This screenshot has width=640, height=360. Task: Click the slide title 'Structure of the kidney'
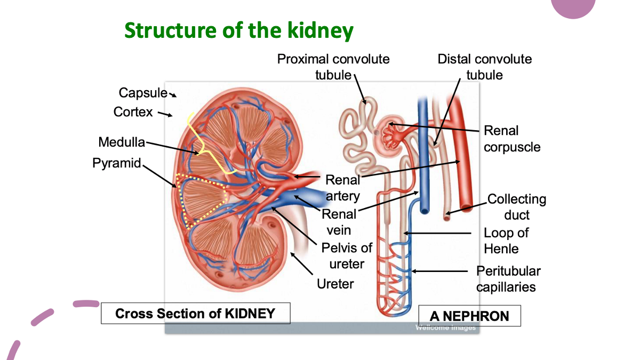[238, 30]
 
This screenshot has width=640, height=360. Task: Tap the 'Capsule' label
[142, 93]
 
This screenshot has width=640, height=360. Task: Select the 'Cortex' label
[133, 112]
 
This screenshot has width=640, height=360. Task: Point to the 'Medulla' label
[122, 142]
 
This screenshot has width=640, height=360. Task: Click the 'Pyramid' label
[116, 163]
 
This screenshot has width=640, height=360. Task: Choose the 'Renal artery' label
[342, 188]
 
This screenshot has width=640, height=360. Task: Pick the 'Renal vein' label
[339, 222]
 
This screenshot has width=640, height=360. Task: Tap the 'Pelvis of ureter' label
[347, 256]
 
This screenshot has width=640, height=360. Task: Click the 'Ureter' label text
[335, 284]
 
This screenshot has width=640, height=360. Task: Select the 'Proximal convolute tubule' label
[333, 67]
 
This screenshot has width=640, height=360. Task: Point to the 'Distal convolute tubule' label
[484, 67]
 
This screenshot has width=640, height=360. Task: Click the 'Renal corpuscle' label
[511, 139]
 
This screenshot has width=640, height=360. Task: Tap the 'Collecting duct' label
[516, 207]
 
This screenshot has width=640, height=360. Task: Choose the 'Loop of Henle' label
[506, 241]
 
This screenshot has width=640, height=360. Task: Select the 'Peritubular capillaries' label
[508, 279]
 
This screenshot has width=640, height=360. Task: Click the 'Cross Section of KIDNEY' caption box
[195, 313]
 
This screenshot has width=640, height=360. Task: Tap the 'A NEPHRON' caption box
[469, 316]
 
